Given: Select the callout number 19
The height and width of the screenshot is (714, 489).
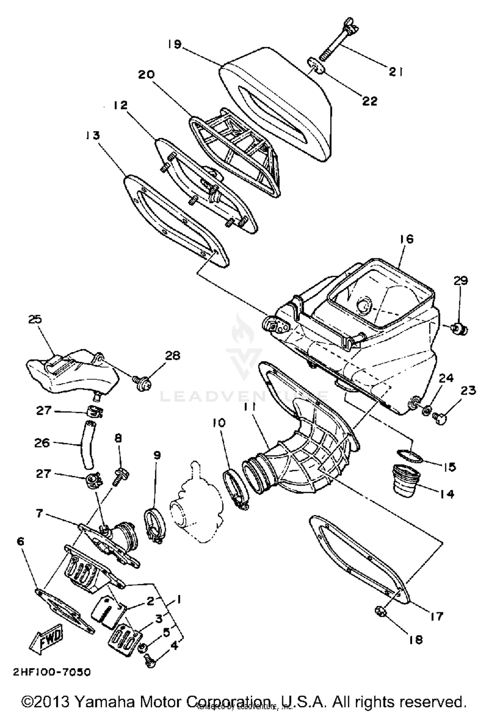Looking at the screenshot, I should pyautogui.click(x=175, y=44).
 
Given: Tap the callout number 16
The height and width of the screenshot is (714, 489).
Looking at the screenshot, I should pyautogui.click(x=406, y=239).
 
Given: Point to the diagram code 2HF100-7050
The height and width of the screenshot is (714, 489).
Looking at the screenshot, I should pyautogui.click(x=52, y=672).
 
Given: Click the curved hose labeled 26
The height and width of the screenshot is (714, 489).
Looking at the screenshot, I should pyautogui.click(x=89, y=444).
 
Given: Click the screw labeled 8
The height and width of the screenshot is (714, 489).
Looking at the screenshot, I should pyautogui.click(x=121, y=476).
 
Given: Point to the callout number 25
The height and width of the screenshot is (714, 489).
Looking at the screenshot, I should pyautogui.click(x=35, y=319).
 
